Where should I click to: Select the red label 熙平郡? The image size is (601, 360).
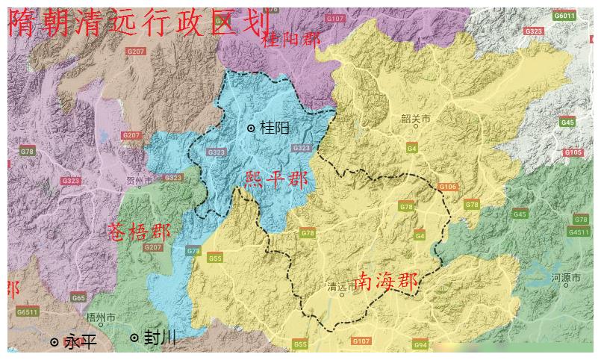[x=276, y=179]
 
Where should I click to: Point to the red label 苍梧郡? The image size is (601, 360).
[x=140, y=231]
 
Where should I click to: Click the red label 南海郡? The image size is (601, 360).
[x=386, y=282]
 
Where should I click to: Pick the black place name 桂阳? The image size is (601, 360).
[x=275, y=128]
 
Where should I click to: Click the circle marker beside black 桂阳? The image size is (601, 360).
[x=252, y=128]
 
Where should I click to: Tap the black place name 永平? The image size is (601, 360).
[x=81, y=342]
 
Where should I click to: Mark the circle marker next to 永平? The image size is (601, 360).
[x=55, y=342]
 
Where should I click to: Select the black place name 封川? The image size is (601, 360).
[x=159, y=338]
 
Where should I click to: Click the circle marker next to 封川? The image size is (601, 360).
[x=134, y=338]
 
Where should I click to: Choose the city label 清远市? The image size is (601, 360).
[x=342, y=287]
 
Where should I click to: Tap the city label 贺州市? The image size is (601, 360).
[x=140, y=181]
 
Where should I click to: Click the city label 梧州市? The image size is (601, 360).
[x=101, y=317]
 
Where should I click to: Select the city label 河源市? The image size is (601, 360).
[x=565, y=278]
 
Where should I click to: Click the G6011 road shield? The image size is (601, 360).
[x=564, y=16]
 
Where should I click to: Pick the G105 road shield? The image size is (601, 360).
[x=573, y=152]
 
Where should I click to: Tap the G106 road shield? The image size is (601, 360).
[x=447, y=187]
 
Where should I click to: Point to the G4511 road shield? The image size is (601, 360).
[x=579, y=232]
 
